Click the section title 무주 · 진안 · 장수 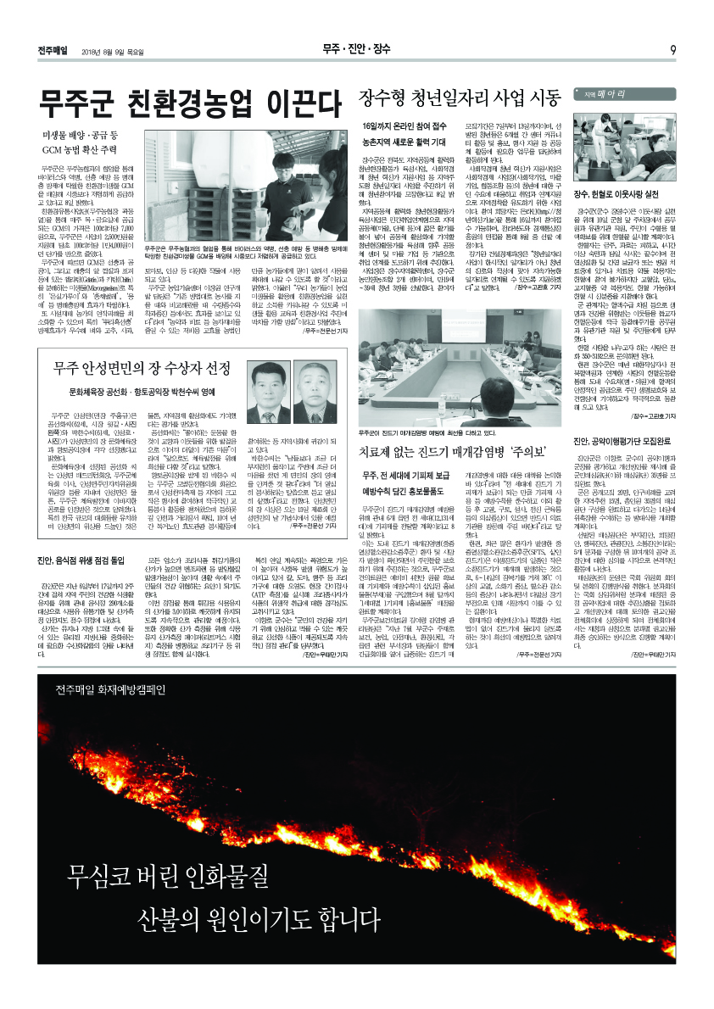coord(356,49)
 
